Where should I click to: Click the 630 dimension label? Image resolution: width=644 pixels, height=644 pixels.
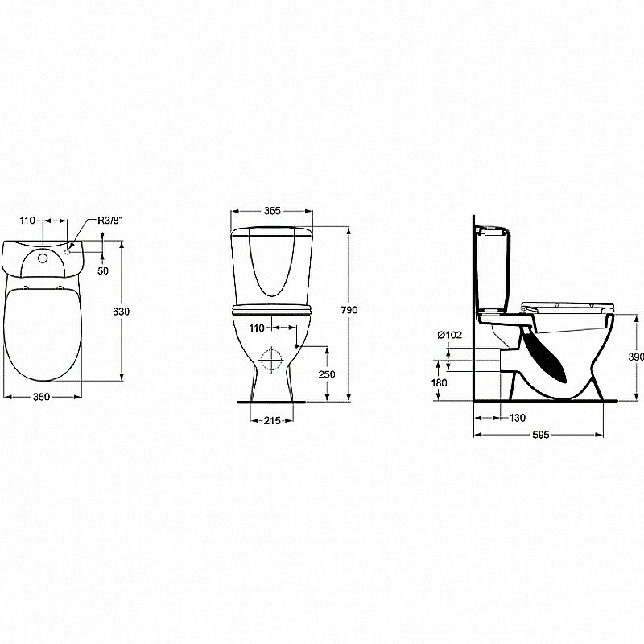pos(122,312)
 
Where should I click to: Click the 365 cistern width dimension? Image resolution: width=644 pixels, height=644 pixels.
pos(271,211)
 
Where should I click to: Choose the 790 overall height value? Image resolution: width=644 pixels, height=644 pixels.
pos(350,310)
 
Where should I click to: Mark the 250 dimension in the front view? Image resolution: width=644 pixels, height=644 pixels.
pos(327,374)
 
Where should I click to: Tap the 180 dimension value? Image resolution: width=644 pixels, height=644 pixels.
pos(439,382)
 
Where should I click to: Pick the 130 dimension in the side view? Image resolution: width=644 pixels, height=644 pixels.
pos(517,418)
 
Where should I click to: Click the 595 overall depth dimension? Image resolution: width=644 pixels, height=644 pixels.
pos(540,435)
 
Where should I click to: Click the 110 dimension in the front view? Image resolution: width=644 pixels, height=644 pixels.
pos(257,328)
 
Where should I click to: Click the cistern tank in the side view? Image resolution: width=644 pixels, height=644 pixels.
pos(492,270)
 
